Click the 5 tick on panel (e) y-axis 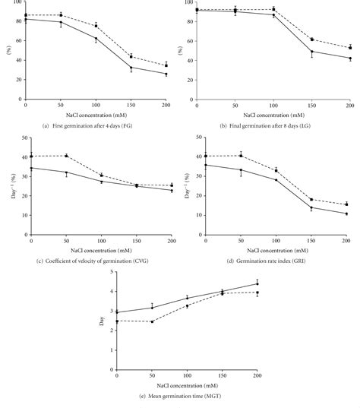(x=112, y=271)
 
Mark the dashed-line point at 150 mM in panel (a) (x=131, y=56)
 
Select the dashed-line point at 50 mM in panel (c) (x=66, y=156)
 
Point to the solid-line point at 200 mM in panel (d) (x=346, y=213)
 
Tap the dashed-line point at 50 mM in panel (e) (x=152, y=321)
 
